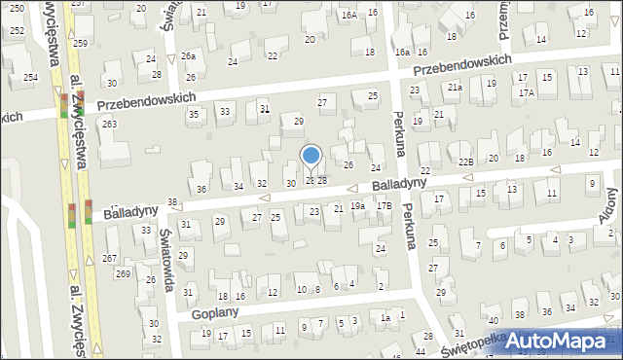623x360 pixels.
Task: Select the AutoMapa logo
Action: pos(550,340)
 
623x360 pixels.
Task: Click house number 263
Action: pos(109,124)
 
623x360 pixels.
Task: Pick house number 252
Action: pos(17,31)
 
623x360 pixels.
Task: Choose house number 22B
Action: pos(465,162)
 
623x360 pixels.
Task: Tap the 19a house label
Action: pos(358,206)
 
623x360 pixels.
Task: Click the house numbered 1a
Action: pos(385,318)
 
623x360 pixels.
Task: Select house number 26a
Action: pos(188,56)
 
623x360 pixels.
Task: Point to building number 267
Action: pos(109,258)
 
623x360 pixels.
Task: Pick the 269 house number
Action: pos(123,273)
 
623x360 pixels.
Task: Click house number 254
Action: pos(30,77)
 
